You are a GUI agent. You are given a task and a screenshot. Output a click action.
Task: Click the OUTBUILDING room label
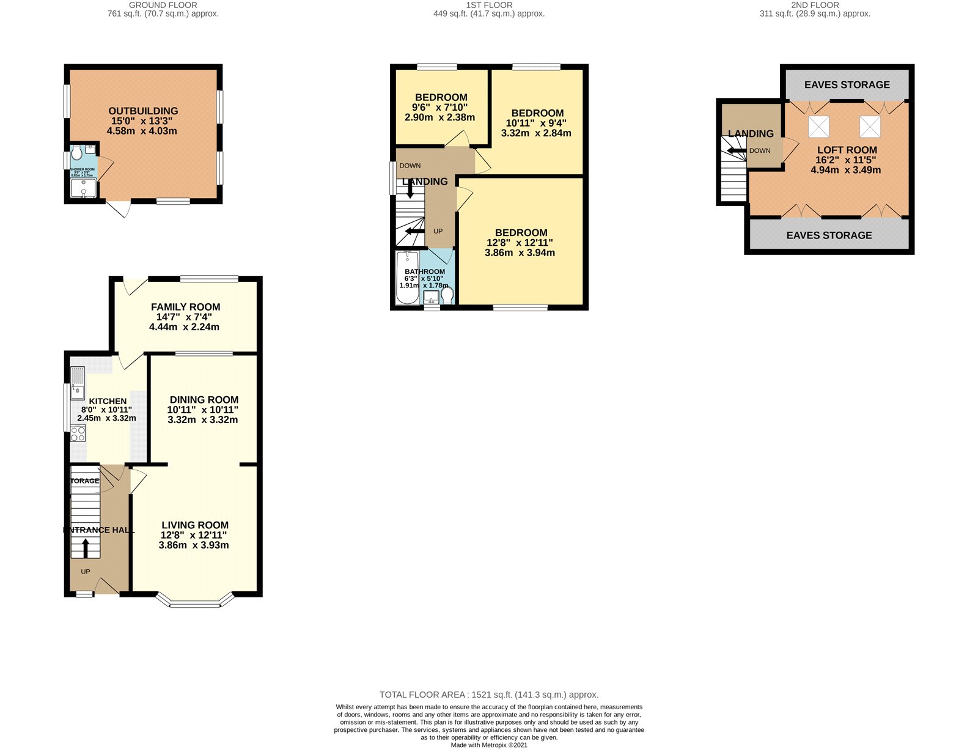tap(143, 111)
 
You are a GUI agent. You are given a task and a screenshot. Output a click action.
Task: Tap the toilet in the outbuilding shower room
tap(76, 152)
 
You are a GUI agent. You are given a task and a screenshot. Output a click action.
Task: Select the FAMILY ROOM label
tap(185, 307)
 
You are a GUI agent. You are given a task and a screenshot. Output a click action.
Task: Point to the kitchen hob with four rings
tap(78, 434)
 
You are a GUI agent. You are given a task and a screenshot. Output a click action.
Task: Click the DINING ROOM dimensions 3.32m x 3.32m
tap(202, 420)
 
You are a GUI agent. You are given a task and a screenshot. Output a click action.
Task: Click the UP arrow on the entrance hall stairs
tap(86, 547)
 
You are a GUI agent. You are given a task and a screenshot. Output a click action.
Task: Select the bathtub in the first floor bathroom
tap(406, 278)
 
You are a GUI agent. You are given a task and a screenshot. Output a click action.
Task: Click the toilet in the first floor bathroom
tap(447, 296)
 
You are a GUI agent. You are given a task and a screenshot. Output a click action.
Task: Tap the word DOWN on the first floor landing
tap(410, 166)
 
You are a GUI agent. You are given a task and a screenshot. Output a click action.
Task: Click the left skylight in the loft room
tap(818, 127)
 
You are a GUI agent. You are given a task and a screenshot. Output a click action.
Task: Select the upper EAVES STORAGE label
tap(847, 85)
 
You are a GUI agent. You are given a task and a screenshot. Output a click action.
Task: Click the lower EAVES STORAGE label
tap(829, 235)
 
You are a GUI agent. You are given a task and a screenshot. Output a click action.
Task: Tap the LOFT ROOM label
tap(847, 150)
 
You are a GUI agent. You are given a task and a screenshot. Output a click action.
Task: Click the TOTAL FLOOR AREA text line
tap(488, 695)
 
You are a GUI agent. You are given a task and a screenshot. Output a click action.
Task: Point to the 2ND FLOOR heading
tap(814, 5)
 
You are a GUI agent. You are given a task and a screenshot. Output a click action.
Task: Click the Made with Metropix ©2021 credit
tap(488, 745)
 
